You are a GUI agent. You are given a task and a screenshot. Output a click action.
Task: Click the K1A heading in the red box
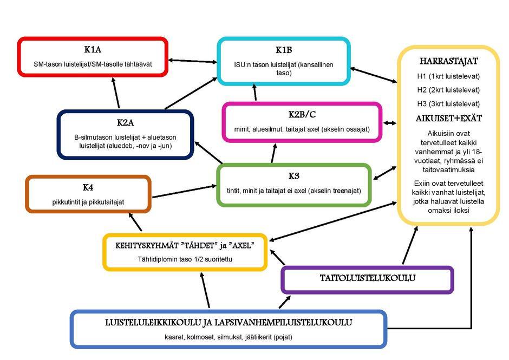93,49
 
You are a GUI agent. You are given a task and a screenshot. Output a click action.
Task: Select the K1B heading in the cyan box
284,50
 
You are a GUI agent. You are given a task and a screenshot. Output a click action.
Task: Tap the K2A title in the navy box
125,123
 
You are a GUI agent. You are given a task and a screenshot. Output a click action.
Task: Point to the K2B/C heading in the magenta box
302,115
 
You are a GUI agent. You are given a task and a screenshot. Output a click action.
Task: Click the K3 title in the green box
294,176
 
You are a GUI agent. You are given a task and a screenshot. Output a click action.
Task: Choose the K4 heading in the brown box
88,187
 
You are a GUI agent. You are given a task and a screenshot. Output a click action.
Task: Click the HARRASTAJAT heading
448,61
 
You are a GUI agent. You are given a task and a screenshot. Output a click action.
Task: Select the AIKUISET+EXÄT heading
448,118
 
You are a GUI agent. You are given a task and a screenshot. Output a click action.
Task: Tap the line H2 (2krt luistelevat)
448,90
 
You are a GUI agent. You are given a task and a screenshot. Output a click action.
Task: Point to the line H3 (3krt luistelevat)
448,104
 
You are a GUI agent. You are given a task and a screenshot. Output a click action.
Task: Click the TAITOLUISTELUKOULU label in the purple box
368,278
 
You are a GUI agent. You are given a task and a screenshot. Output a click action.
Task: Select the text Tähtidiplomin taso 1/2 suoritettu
185,259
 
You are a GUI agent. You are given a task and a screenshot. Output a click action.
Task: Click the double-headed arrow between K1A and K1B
192,61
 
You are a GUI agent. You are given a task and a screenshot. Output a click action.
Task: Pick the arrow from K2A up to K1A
115,93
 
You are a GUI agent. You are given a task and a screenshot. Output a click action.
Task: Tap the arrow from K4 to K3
184,191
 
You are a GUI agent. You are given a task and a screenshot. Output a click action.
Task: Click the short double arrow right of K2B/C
389,123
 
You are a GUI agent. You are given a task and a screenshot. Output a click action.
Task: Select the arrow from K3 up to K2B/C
273,153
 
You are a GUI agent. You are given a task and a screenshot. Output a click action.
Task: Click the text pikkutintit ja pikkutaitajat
88,202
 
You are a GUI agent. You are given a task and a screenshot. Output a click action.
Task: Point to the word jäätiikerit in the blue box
257,337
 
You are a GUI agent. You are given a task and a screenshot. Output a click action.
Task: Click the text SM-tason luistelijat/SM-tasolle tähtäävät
93,64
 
